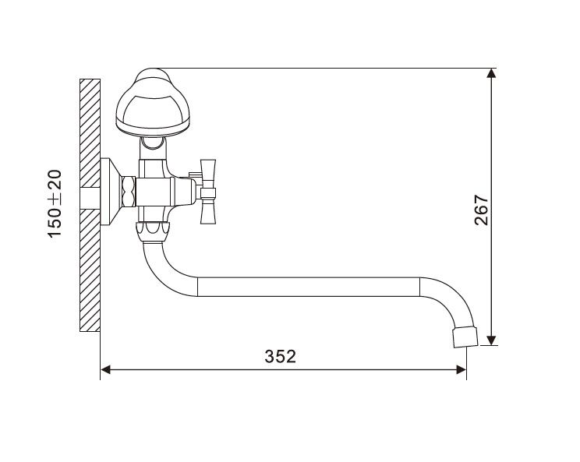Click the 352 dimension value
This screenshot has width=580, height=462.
[x=280, y=357]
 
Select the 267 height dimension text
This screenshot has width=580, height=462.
[x=481, y=210]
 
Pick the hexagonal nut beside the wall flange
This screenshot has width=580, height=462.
[x=128, y=189]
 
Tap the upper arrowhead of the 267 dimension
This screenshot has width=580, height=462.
[x=490, y=74]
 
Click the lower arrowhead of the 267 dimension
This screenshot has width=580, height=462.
[x=490, y=338]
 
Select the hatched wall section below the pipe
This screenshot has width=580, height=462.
[x=90, y=273]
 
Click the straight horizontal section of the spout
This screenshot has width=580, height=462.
[x=312, y=286]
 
